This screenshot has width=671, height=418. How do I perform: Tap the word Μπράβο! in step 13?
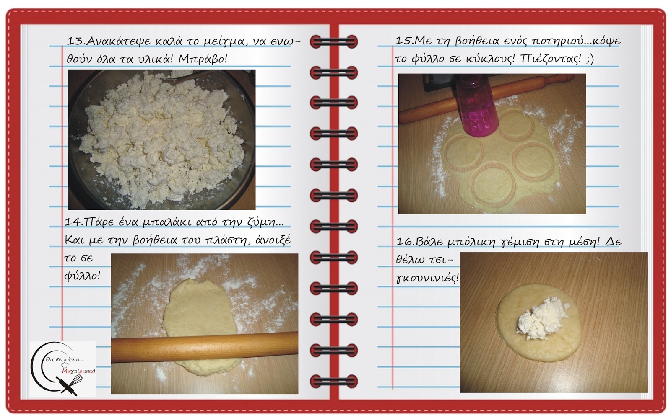[x=203, y=59]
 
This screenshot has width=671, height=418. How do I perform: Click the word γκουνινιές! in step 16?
[x=427, y=278]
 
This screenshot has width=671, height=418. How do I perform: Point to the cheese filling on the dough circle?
[x=542, y=319]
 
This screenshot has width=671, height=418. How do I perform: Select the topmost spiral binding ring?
[x=334, y=41]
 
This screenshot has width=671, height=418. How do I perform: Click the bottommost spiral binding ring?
[x=334, y=381]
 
